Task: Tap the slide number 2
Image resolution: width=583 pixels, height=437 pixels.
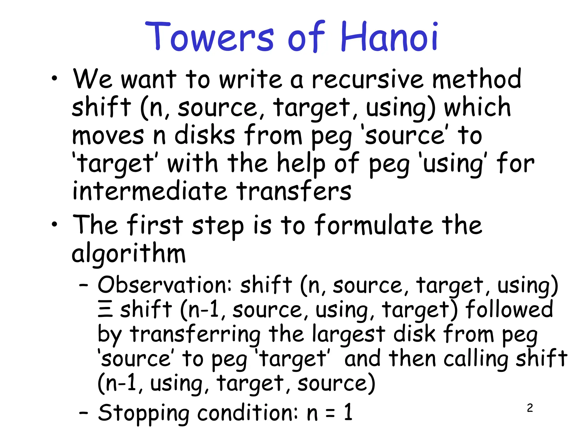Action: [530, 408]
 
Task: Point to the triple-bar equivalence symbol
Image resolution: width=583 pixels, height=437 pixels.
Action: [105, 310]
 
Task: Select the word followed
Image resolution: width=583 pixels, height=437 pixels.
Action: [509, 309]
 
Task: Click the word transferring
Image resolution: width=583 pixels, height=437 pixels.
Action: [195, 335]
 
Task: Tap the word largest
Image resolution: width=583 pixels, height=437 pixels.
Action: [349, 335]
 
